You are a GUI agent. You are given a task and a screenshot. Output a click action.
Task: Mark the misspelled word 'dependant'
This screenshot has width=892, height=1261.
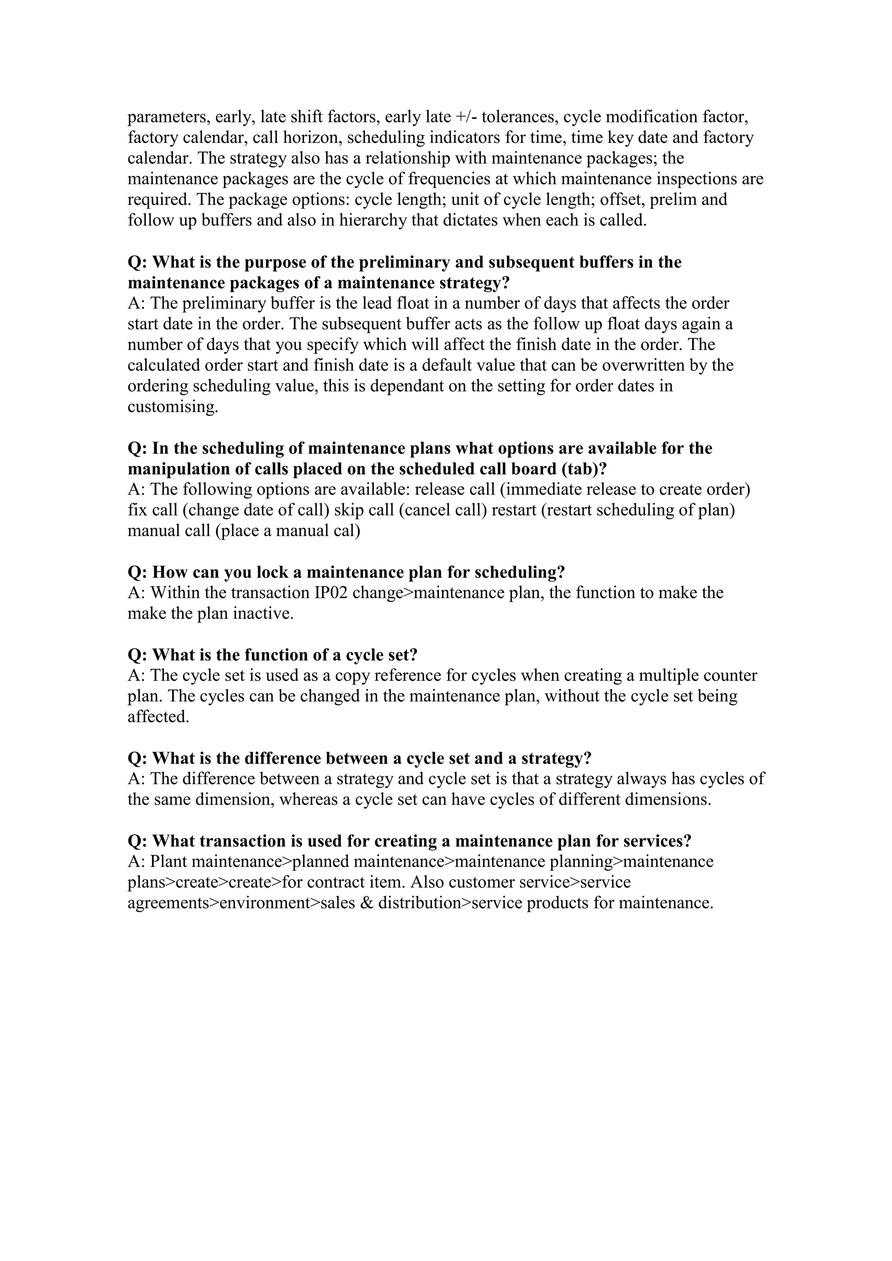pos(404,386)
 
